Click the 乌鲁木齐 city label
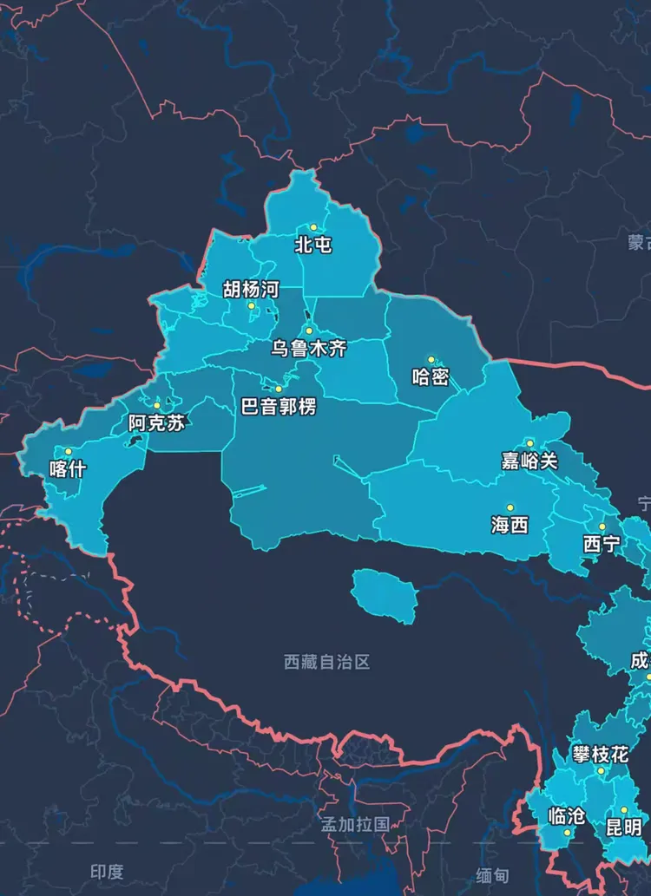(308, 349)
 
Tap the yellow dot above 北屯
(313, 227)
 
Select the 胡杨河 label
(251, 289)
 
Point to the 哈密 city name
(431, 376)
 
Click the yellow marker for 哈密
(431, 359)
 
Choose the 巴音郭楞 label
(279, 406)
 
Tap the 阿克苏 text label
(157, 423)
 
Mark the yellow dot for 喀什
(69, 451)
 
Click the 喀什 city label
(68, 469)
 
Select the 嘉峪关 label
(529, 461)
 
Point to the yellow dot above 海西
(510, 507)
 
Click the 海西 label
(510, 525)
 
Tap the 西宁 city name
(602, 544)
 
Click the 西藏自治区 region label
(327, 662)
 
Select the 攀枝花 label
(600, 754)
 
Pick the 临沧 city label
(567, 816)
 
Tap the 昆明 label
(623, 827)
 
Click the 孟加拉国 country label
(354, 824)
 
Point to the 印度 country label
(107, 872)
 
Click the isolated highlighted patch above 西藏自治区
(385, 595)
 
